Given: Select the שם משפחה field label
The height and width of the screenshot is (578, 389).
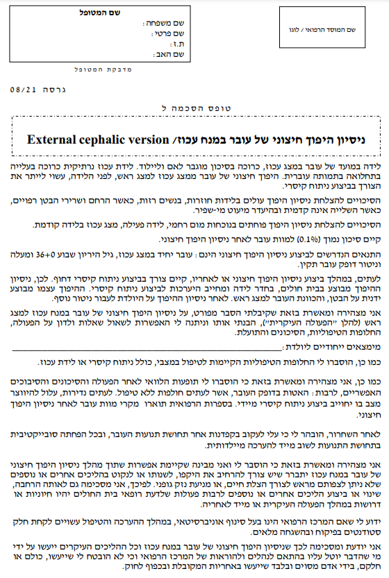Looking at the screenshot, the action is pyautogui.click(x=170, y=24).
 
